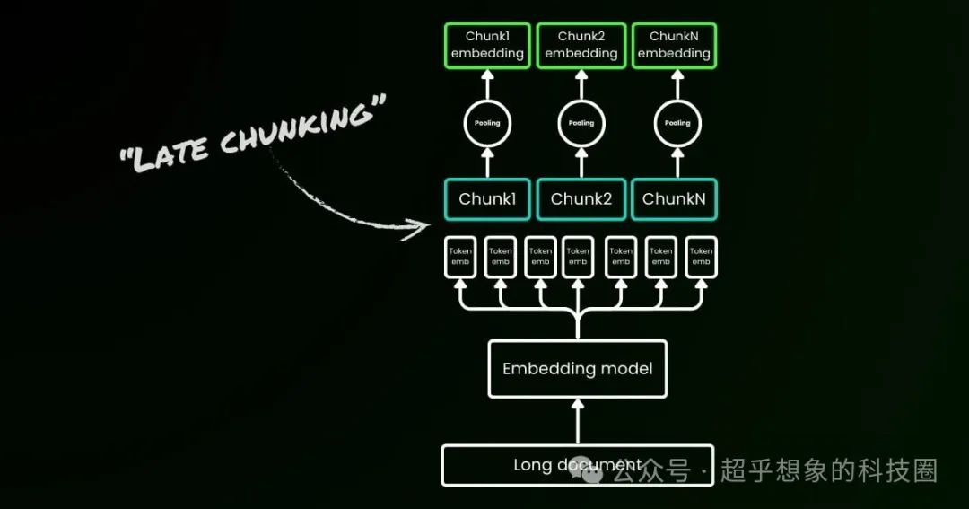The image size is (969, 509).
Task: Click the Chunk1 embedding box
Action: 487,46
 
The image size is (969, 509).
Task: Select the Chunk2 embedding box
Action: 581,46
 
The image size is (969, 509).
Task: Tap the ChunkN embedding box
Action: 674,46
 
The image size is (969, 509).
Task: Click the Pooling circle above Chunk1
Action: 487,123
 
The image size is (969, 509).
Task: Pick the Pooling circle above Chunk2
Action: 581,123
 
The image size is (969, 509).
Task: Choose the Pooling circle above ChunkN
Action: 677,123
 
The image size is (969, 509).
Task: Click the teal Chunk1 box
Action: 487,198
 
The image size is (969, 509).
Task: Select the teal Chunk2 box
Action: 581,198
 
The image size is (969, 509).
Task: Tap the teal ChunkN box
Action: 673,198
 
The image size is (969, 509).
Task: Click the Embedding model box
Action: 577,368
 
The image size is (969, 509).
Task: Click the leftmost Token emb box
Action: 460,257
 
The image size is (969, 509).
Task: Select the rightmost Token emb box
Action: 701,257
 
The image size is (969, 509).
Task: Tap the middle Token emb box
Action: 579,257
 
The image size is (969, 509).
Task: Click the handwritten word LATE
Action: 170,153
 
